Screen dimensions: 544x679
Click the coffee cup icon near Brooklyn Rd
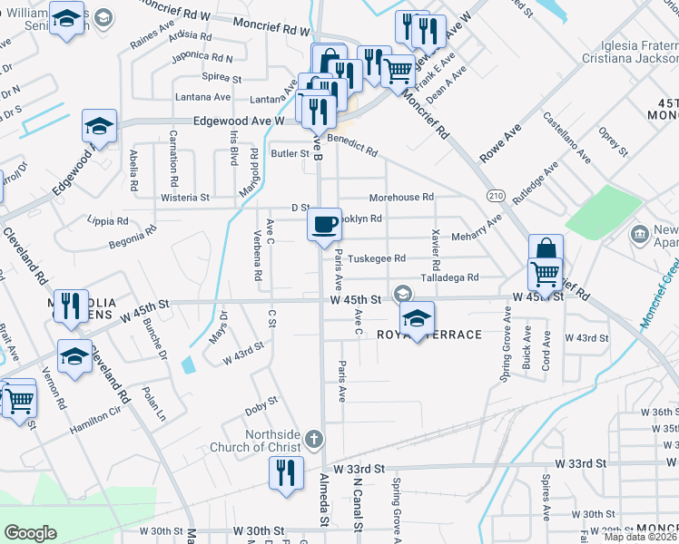pyautogui.click(x=325, y=224)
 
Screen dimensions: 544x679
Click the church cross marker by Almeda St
pyautogui.click(x=313, y=440)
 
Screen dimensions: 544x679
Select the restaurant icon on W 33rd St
pyautogui.click(x=286, y=473)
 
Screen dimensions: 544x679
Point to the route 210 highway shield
pyautogui.click(x=495, y=196)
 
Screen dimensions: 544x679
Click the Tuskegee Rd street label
pyautogui.click(x=377, y=258)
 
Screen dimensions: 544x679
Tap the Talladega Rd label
pyautogui.click(x=449, y=277)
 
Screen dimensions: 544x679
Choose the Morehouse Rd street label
pyautogui.click(x=401, y=197)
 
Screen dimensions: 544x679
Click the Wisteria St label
pyautogui.click(x=185, y=196)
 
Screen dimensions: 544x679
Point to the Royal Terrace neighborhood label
pyautogui.click(x=442, y=335)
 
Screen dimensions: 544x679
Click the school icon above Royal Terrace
pyautogui.click(x=417, y=317)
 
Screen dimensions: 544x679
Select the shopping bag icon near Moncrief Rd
pyautogui.click(x=546, y=250)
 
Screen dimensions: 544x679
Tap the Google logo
pyautogui.click(x=30, y=533)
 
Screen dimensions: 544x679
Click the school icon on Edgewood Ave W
pyautogui.click(x=100, y=126)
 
